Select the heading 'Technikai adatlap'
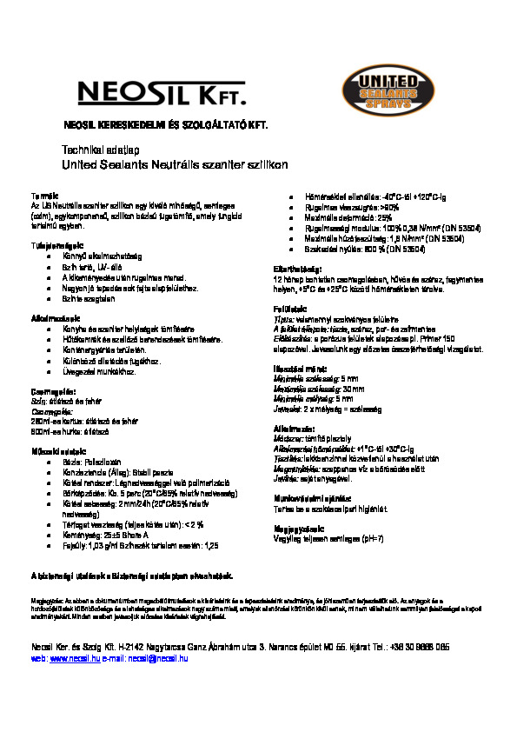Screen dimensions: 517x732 coord(96,150)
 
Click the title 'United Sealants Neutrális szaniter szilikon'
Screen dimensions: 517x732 coord(175,163)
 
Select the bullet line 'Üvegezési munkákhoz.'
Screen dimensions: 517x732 coord(97,371)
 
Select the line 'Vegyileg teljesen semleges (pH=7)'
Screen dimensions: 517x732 coord(328,540)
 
